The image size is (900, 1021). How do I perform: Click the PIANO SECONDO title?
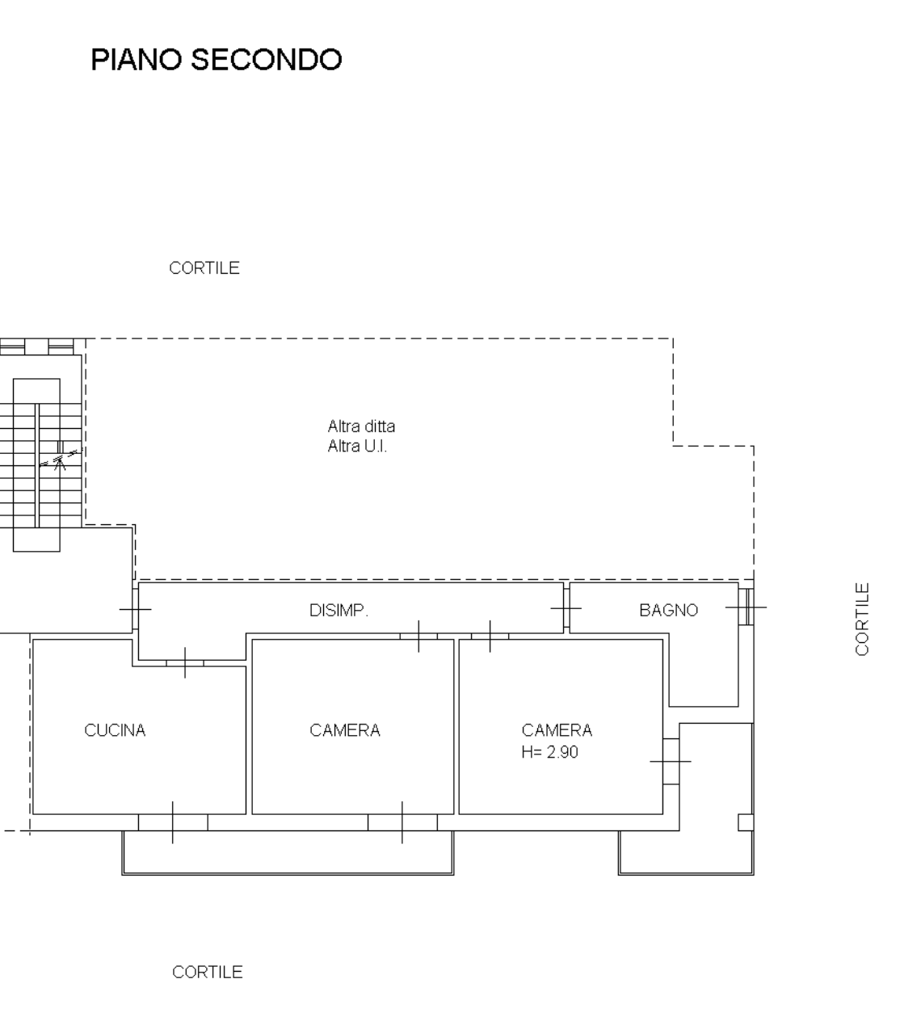click(217, 60)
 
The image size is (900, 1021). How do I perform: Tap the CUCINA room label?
click(115, 730)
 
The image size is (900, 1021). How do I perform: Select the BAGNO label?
click(668, 611)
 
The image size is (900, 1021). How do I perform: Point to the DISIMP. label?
click(339, 611)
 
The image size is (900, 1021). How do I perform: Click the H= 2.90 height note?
click(549, 752)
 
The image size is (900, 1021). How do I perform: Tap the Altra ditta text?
click(361, 426)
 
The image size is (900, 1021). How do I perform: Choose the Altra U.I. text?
click(357, 446)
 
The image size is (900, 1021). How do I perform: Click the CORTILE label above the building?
click(204, 268)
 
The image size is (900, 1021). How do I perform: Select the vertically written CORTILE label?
click(862, 620)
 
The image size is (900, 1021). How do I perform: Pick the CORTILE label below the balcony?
click(208, 972)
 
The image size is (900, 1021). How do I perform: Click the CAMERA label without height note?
click(345, 730)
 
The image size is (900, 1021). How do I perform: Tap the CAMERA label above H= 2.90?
click(557, 730)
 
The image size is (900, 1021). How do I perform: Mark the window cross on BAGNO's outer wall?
click(746, 607)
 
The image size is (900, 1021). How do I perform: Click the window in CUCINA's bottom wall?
click(173, 822)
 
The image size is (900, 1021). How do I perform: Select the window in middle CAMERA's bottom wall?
click(402, 822)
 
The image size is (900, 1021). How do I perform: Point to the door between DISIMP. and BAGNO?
click(566, 608)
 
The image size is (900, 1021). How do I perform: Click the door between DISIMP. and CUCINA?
click(185, 663)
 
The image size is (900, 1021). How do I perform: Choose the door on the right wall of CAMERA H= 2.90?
click(671, 762)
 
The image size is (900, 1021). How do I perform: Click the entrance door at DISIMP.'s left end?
click(135, 609)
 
